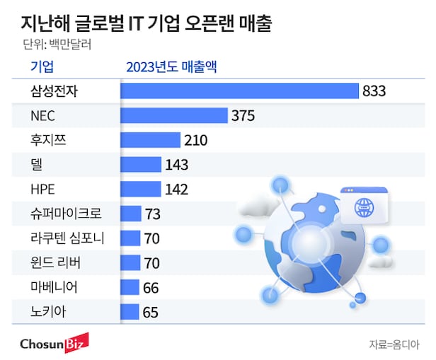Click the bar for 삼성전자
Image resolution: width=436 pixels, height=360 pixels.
(239, 91)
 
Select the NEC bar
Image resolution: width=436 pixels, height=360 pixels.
(173, 116)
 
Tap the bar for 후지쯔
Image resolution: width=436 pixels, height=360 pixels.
(150, 140)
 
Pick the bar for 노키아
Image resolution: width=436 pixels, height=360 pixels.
(130, 311)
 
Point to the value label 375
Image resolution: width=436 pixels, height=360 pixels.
(242, 116)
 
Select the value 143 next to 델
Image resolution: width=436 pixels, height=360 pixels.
(176, 165)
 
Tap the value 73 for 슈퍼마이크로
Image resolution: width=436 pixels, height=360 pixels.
(154, 214)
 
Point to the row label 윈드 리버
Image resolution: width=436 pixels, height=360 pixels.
(56, 262)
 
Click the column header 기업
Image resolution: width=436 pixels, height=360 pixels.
(42, 67)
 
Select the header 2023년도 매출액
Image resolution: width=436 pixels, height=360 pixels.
(171, 67)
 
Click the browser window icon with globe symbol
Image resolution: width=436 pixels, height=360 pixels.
(364, 205)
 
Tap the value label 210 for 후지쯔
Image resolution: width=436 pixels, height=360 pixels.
(195, 140)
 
